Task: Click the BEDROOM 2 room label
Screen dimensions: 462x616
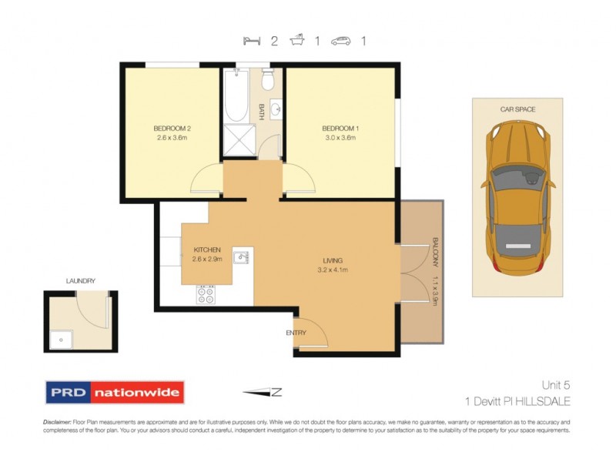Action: [x=172, y=128]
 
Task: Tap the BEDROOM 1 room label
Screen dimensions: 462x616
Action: [x=340, y=128]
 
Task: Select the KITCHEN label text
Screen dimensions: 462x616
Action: [x=207, y=250]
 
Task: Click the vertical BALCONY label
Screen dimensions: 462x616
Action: [x=435, y=250]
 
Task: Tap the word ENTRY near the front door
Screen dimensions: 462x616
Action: [x=296, y=333]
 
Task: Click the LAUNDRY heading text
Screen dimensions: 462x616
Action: [x=79, y=282]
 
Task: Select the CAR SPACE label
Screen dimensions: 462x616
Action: [x=517, y=109]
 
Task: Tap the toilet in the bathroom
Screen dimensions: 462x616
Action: [x=268, y=79]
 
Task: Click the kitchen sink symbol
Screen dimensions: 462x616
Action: [x=242, y=256]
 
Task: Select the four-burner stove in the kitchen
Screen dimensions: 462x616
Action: [x=206, y=294]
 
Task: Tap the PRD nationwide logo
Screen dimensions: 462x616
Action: [x=115, y=393]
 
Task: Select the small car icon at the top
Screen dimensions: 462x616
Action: [x=340, y=41]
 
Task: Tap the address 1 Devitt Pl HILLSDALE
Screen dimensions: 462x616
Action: [x=517, y=401]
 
